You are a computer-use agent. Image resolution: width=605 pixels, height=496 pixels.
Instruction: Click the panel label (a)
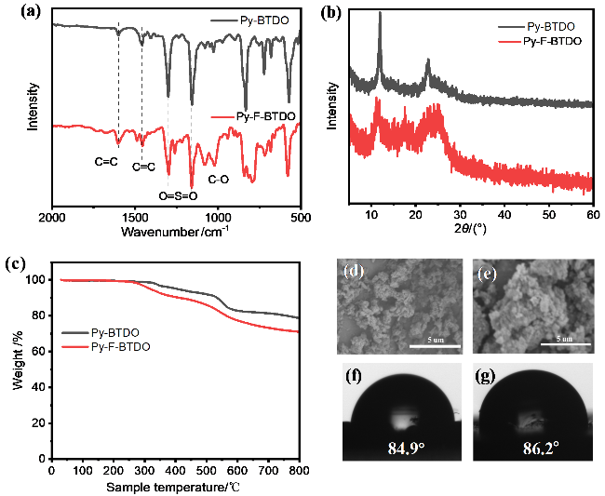pyautogui.click(x=15, y=13)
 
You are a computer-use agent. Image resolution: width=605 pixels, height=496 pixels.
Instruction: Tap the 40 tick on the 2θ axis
pyautogui.click(x=504, y=215)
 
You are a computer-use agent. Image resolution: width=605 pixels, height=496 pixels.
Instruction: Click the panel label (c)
pyautogui.click(x=15, y=262)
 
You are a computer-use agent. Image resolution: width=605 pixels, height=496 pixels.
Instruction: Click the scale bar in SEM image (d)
pyautogui.click(x=435, y=348)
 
